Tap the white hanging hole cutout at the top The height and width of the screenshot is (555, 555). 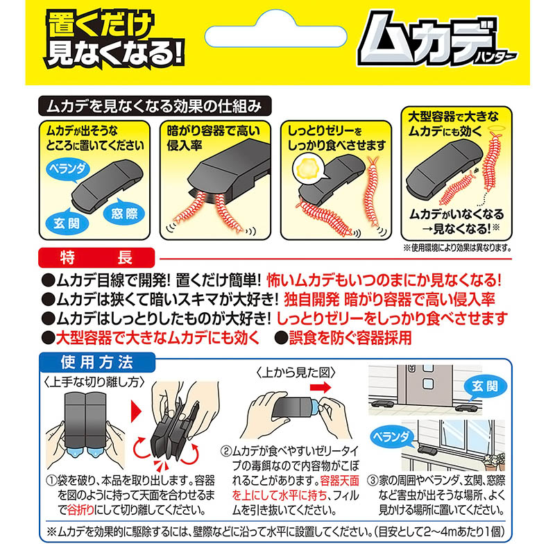275,31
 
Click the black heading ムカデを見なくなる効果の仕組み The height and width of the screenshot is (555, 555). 155,106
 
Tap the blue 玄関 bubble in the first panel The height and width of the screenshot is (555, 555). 67,223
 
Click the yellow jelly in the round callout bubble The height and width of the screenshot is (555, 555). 307,169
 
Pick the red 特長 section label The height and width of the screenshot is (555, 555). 96,257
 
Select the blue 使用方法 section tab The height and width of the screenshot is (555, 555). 97,362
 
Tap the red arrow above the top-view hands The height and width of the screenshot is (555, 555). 321,387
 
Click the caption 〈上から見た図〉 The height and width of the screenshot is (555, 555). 295,373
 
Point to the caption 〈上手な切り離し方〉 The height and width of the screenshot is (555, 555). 94,382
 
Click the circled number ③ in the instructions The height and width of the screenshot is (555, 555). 373,481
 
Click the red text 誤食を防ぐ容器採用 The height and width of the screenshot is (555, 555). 350,338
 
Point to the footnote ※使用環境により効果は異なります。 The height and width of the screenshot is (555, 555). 457,248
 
